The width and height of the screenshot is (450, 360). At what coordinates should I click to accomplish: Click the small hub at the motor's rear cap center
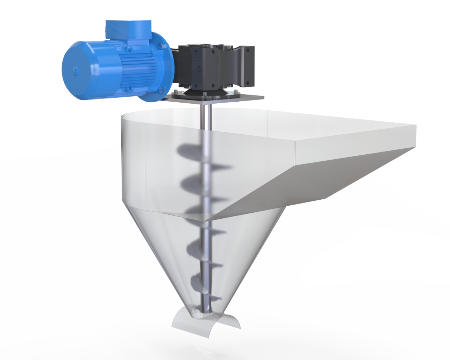75,70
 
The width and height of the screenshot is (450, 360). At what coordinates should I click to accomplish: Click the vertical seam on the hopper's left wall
145,165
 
